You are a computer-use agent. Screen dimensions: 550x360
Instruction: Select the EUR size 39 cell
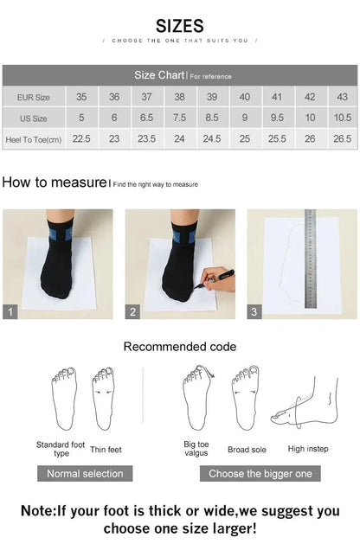coord(212,97)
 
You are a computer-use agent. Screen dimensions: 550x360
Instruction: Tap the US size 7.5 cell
coord(179,118)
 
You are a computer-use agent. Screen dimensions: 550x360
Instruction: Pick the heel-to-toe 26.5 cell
coord(342,138)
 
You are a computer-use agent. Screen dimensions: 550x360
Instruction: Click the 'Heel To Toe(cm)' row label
coord(33,138)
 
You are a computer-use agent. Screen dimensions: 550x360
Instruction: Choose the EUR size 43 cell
coord(342,97)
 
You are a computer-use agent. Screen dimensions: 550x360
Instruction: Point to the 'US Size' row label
coord(33,118)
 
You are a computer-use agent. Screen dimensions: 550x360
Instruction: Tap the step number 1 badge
coord(10,312)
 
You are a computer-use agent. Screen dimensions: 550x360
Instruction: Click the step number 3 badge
coord(254,312)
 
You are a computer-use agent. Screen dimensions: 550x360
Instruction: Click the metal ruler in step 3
coord(310,259)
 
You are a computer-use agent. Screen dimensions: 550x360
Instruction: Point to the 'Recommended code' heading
coord(179,347)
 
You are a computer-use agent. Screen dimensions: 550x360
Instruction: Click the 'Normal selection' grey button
coord(85,473)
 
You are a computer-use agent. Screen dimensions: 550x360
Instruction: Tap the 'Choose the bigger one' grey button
coord(260,473)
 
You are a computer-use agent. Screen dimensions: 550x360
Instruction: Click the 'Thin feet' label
coord(106,449)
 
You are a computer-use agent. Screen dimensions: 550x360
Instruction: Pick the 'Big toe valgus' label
coord(196,449)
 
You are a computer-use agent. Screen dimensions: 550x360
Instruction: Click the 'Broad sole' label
coord(246,450)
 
